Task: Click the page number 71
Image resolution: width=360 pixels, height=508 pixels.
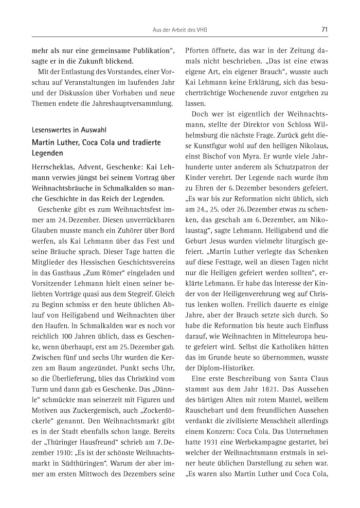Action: (x=324, y=30)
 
